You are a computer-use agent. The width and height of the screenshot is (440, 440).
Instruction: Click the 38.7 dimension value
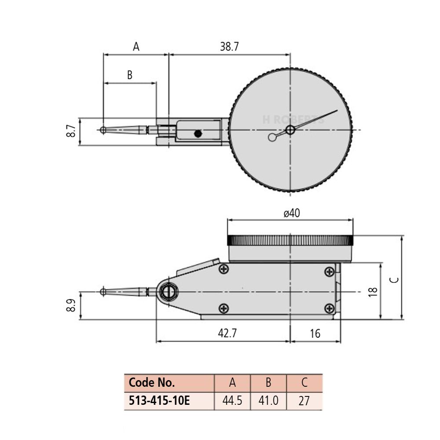click(229, 47)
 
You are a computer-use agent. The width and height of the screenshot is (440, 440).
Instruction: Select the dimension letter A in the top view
click(136, 47)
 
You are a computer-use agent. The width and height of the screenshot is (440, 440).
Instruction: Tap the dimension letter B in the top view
click(130, 75)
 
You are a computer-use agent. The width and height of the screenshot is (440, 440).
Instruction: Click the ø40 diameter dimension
click(291, 213)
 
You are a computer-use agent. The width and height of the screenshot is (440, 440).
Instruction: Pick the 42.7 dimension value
click(227, 333)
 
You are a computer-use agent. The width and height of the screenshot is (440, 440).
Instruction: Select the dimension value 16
click(315, 333)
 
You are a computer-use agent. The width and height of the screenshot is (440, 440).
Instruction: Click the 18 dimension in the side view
click(373, 291)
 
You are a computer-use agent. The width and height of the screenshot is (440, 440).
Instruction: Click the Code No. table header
click(152, 383)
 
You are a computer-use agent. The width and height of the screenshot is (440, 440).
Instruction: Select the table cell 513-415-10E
click(159, 401)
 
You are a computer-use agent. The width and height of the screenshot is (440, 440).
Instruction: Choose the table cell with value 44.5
click(232, 401)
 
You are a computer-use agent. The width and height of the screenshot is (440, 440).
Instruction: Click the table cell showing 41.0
click(268, 401)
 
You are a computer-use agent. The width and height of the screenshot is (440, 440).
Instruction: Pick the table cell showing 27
click(304, 401)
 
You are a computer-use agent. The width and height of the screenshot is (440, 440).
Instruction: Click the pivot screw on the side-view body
click(168, 292)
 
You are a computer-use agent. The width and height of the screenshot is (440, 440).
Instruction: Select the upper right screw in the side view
click(329, 271)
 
